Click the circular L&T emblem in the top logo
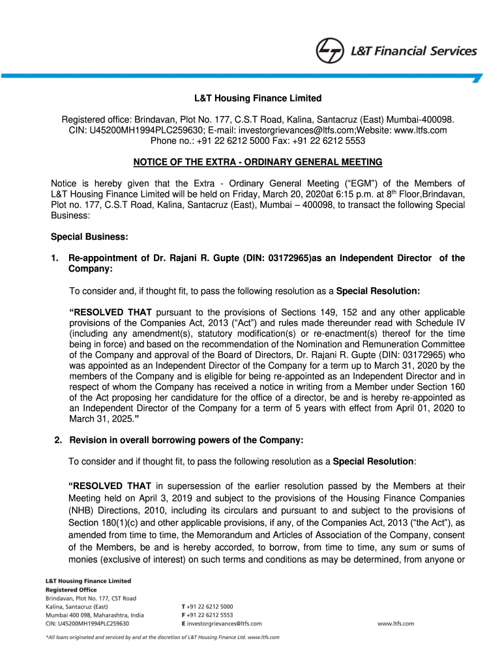(329, 51)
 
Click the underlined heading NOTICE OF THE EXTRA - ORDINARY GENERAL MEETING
(258, 162)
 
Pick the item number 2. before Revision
(59, 440)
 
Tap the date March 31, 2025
(96, 418)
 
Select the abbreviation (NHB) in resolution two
(84, 509)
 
